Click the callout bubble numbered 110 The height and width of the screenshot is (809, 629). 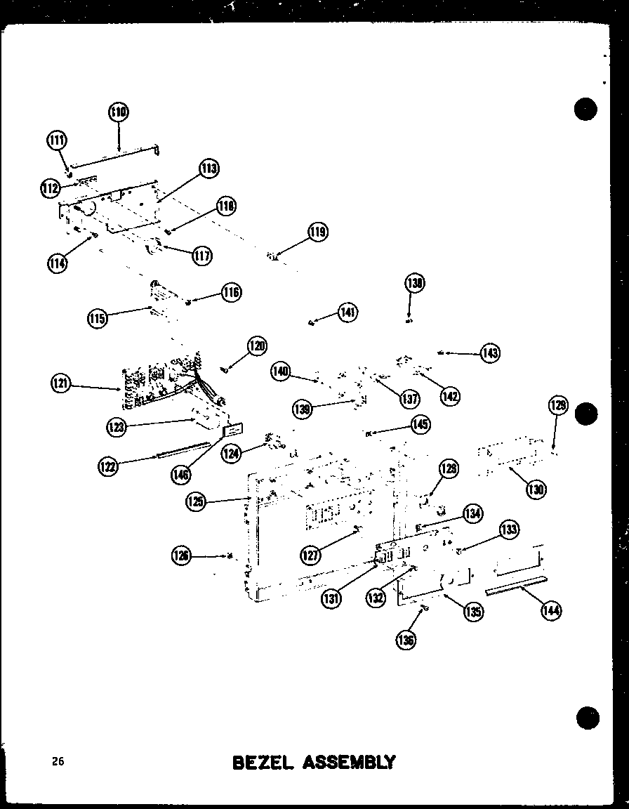point(119,112)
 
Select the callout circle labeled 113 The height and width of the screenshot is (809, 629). point(208,169)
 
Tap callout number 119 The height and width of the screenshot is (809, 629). point(318,232)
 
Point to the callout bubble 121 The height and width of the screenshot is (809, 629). point(62,384)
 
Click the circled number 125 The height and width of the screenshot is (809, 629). point(197,501)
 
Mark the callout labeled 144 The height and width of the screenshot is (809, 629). point(550,611)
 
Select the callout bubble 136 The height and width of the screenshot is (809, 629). point(406,639)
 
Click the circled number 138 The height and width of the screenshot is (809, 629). point(415,283)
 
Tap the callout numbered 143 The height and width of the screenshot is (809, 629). point(489,353)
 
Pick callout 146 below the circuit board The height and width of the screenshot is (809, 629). point(181,475)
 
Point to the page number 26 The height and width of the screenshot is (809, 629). point(57,761)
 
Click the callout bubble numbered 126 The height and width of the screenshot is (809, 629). point(182,557)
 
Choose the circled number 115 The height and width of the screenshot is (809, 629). point(98,319)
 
